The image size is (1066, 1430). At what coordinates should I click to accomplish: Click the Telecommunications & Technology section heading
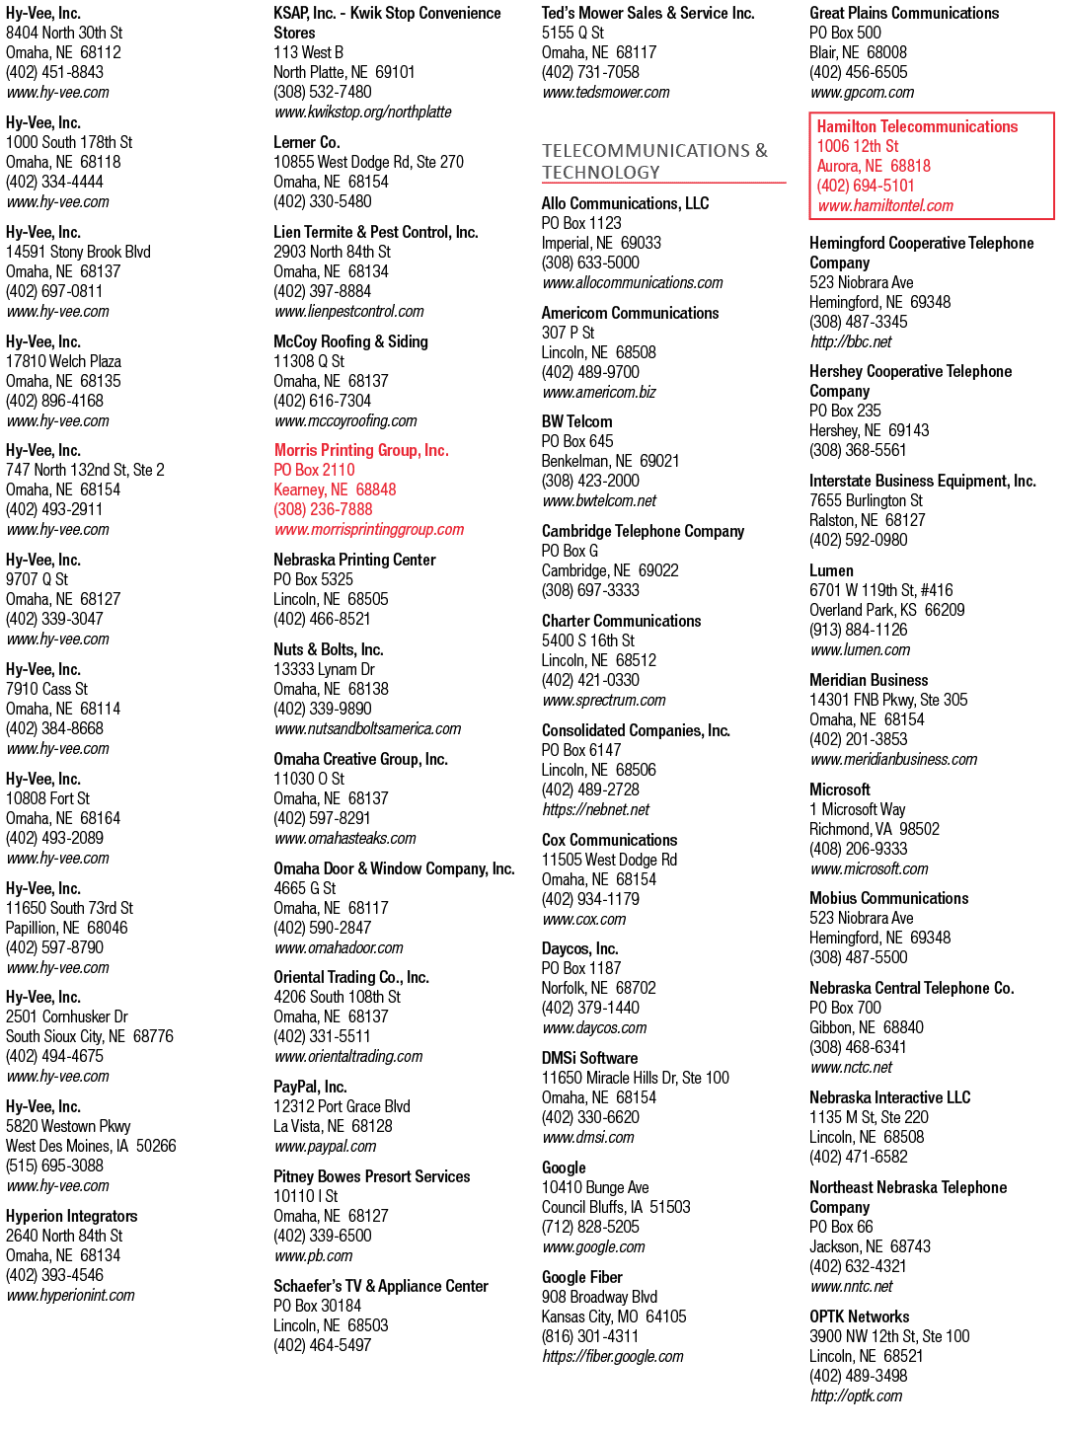(654, 161)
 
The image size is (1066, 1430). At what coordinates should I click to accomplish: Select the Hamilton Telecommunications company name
(917, 126)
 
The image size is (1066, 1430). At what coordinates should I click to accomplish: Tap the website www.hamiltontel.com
(884, 206)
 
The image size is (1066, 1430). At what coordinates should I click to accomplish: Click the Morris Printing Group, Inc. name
(361, 450)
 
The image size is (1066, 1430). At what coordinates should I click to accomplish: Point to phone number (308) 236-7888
(323, 509)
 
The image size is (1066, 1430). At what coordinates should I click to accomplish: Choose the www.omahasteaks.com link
(344, 838)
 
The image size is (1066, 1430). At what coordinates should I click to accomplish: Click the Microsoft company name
(839, 790)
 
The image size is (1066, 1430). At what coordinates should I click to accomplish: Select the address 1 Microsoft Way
(857, 809)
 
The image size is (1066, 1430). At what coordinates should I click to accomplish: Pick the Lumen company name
(831, 570)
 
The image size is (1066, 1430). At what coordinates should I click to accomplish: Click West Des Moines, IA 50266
(91, 1146)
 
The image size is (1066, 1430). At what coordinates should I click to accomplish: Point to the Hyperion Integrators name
(72, 1216)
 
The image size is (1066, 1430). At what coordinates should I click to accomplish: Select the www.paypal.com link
(325, 1146)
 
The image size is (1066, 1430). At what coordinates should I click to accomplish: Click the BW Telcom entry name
(576, 421)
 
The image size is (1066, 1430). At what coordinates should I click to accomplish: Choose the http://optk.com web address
(856, 1395)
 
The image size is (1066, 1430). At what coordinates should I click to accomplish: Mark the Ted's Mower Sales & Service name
(647, 13)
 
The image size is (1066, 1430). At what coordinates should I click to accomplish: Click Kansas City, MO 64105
(614, 1317)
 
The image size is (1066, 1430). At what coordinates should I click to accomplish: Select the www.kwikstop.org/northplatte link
(362, 113)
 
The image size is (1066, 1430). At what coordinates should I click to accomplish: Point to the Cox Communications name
(609, 840)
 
